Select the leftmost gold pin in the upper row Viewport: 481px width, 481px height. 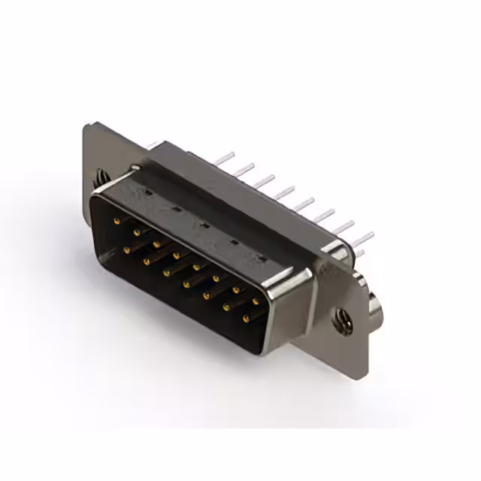click(116, 222)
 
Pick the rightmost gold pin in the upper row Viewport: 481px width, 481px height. click(256, 301)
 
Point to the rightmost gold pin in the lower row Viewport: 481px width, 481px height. click(246, 319)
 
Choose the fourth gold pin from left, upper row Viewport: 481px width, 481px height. click(176, 256)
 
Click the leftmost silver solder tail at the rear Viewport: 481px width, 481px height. click(225, 159)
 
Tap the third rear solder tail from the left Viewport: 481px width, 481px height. click(265, 180)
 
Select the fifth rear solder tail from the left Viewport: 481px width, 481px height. click(304, 203)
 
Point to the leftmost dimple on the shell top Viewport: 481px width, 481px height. click(147, 192)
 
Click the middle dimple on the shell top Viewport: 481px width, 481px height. click(203, 224)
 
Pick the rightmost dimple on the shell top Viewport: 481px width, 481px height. click(261, 259)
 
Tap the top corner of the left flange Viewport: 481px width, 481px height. click(89, 124)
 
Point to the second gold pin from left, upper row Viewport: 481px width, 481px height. click(137, 233)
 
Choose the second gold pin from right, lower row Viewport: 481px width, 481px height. click(225, 307)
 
